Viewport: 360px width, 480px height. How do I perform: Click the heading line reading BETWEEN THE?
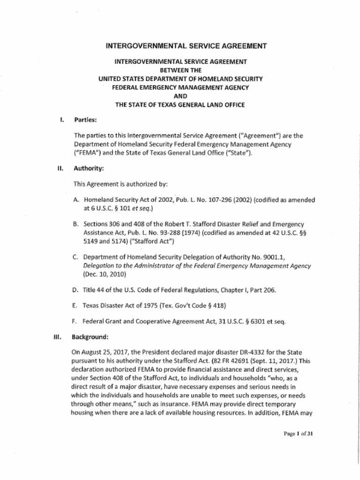tap(180, 70)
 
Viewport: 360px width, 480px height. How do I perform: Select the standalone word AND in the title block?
tap(180, 96)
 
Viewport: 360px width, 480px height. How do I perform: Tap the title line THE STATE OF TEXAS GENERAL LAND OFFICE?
tap(180, 105)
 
